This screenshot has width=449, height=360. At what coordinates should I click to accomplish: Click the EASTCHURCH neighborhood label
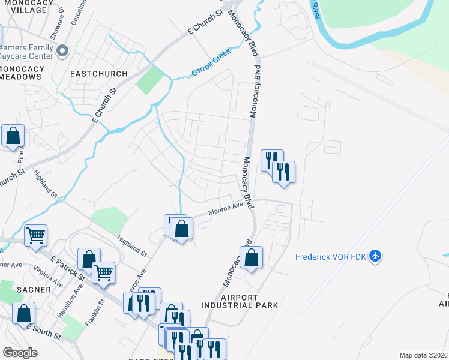99,74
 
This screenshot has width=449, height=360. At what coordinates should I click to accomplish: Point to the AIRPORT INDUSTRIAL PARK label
240,301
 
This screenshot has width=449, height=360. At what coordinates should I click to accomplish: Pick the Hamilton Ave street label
78,295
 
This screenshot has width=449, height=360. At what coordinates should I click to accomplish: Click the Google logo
20,353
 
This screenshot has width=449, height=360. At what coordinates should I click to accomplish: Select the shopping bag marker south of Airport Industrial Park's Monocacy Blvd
252,258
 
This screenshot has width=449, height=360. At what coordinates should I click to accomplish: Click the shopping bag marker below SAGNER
23,313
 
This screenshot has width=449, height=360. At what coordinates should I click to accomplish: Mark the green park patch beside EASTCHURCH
149,80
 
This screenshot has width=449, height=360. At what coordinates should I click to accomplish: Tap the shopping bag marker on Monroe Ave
181,229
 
